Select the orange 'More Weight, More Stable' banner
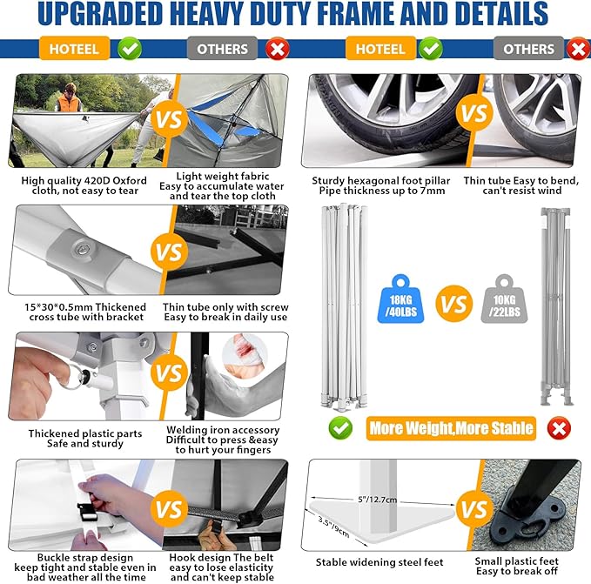pyautogui.click(x=451, y=428)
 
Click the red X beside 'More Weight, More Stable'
pyautogui.click(x=559, y=428)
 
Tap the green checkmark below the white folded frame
pyautogui.click(x=340, y=428)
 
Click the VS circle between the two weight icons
pyautogui.click(x=453, y=303)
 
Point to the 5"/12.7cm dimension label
pyautogui.click(x=377, y=500)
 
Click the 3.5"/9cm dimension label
pyautogui.click(x=333, y=527)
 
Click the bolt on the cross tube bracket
pyautogui.click(x=82, y=249)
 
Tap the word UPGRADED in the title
pyautogui.click(x=100, y=14)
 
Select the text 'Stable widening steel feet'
pyautogui.click(x=379, y=562)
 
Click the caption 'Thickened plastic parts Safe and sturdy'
pyautogui.click(x=85, y=439)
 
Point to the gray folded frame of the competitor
pyautogui.click(x=556, y=306)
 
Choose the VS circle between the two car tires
pyautogui.click(x=474, y=112)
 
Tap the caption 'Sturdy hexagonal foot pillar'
pyautogui.click(x=381, y=181)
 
